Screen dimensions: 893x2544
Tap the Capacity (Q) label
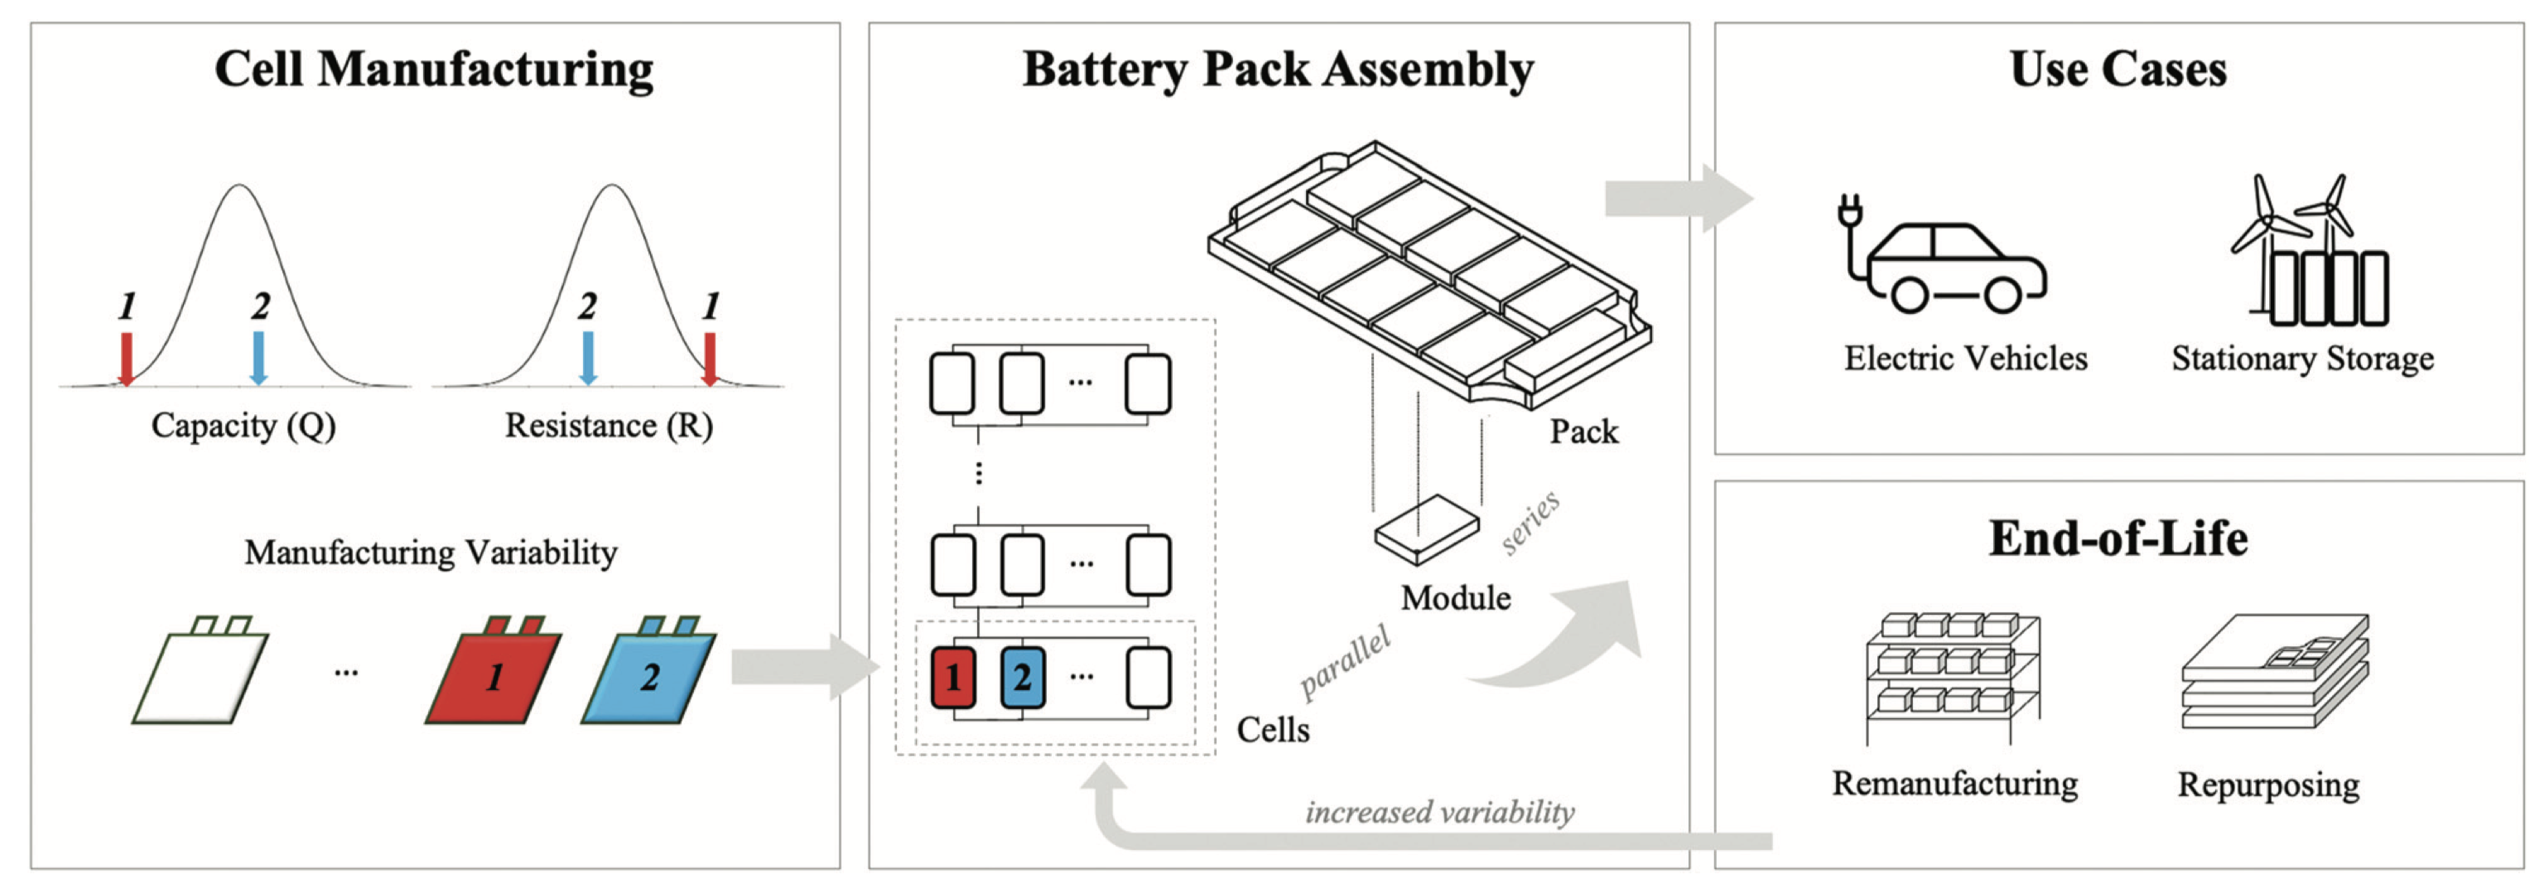pos(243,426)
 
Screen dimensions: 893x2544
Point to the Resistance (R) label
pos(609,426)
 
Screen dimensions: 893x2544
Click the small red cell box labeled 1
pos(953,677)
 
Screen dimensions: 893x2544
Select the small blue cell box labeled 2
pos(1022,677)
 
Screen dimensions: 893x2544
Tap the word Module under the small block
pos(1456,597)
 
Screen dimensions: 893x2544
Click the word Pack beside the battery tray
pos(1583,432)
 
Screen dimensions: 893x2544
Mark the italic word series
pos(1530,522)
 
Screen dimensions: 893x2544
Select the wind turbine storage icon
pos(2309,253)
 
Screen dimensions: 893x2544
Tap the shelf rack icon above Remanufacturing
pos(1953,678)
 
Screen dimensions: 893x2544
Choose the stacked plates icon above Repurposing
pos(2274,672)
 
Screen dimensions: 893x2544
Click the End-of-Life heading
pos(2118,538)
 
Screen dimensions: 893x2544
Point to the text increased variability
pos(1439,812)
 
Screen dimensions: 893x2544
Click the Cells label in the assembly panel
pos(1273,730)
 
